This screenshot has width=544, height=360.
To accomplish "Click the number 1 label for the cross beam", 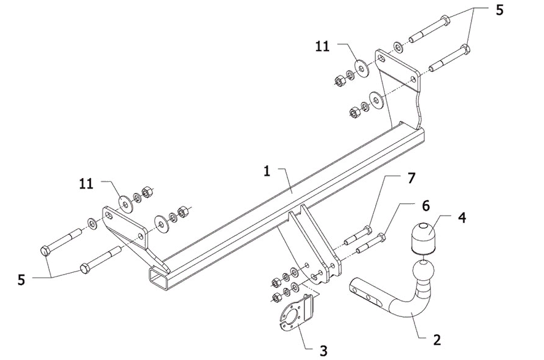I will [266, 171].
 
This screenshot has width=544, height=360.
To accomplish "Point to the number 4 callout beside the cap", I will [460, 217].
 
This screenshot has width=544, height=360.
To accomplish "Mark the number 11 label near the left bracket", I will [87, 182].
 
